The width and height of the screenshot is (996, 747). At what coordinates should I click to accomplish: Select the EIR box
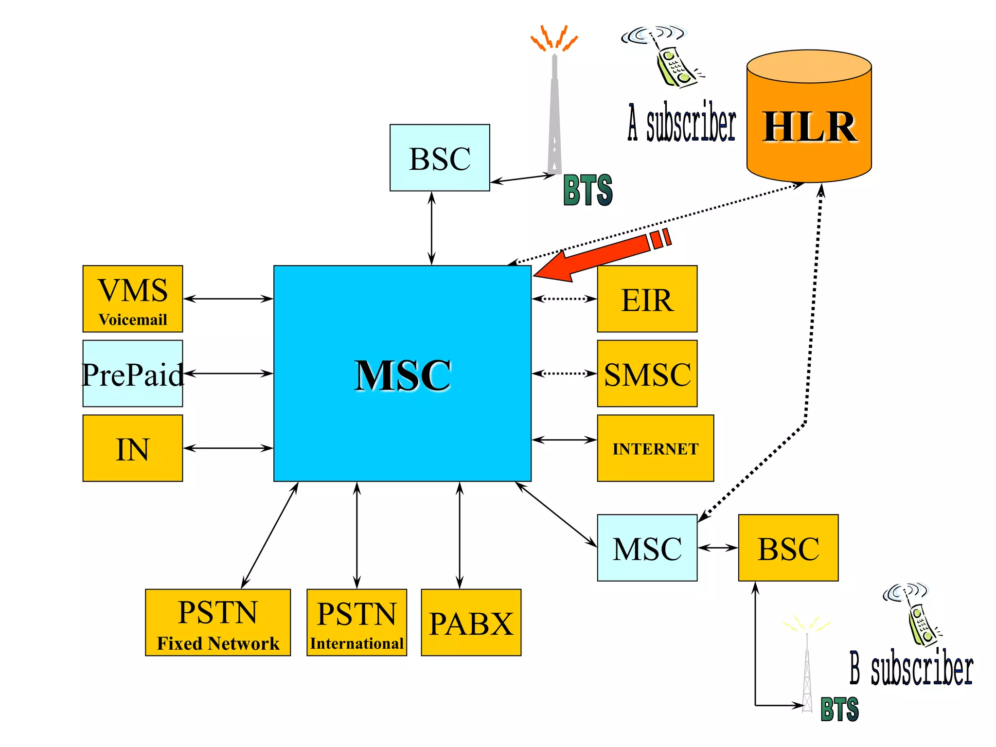647,299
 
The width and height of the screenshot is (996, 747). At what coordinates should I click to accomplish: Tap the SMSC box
647,373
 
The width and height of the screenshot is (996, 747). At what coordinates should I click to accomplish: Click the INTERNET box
655,448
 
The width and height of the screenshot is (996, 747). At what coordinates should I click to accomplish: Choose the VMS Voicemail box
132,299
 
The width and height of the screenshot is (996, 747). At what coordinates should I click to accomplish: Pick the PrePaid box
132,373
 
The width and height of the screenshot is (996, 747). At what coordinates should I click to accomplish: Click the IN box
132,448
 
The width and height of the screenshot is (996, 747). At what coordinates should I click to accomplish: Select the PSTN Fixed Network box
217,622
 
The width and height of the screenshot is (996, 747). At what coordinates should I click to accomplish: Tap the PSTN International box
356,622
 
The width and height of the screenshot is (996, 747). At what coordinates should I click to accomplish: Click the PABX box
471,622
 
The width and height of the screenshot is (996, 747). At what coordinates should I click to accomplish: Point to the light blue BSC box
440,158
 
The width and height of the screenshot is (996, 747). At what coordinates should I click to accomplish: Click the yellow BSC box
788,548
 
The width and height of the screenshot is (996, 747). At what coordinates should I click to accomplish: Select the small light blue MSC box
647,548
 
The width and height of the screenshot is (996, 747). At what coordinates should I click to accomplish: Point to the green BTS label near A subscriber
587,190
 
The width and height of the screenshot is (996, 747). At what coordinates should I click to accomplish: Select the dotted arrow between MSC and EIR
564,299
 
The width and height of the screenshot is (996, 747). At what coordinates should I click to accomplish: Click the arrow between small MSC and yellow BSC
718,548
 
